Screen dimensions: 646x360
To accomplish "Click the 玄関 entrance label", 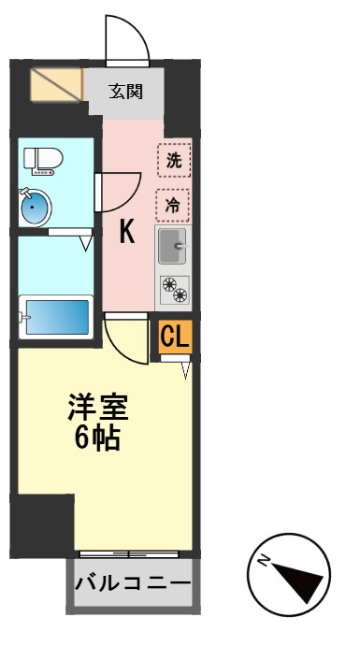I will tap(125, 92).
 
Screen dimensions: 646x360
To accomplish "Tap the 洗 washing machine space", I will tap(173, 159).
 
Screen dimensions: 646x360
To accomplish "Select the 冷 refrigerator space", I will tap(173, 203).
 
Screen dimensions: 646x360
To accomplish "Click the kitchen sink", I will tap(173, 248).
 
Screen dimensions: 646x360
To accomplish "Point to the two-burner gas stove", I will tap(173, 291).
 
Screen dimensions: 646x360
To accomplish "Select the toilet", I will tap(42, 161).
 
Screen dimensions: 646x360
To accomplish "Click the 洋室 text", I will tap(97, 408).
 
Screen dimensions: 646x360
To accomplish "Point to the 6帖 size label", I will tap(97, 437).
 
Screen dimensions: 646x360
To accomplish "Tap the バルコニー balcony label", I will tap(132, 583).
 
